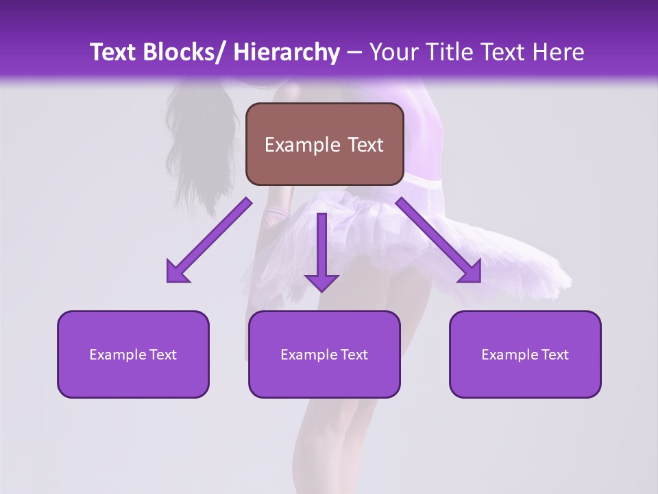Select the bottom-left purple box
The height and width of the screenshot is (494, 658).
(133, 354)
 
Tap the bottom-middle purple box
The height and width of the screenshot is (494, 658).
(324, 354)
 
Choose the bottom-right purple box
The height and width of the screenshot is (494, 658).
(525, 354)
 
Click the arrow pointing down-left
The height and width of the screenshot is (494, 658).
(209, 240)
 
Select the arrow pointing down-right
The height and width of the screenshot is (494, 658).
(439, 240)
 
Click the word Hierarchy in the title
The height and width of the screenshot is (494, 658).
(286, 52)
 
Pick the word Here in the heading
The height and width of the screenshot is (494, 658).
(558, 52)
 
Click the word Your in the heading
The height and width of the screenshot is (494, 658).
(394, 52)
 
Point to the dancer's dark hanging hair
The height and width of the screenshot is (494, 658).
(202, 137)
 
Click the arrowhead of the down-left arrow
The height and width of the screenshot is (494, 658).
(177, 273)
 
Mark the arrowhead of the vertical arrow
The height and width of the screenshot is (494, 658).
(321, 283)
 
